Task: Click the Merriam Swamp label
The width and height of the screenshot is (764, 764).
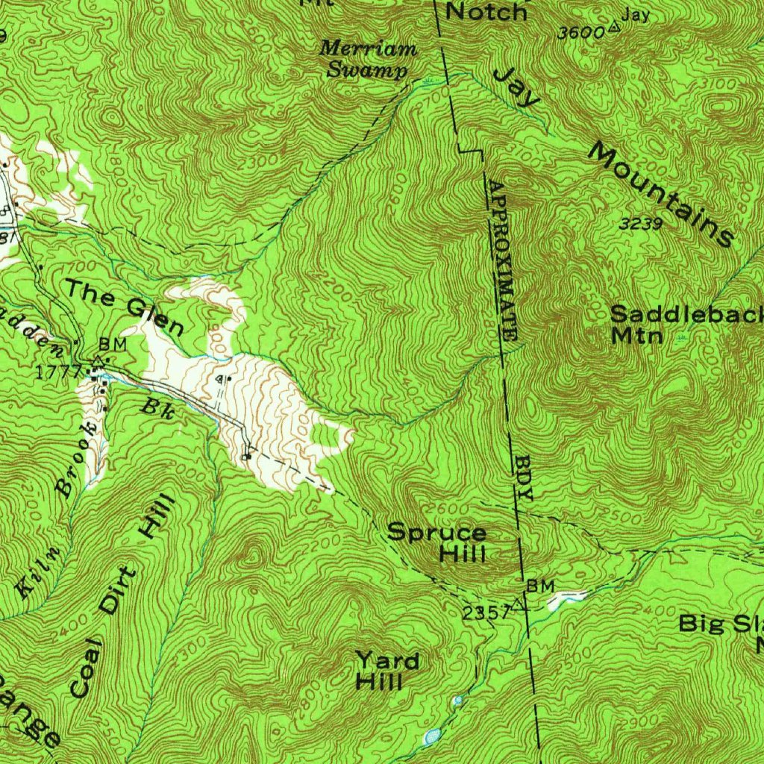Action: pos(368,60)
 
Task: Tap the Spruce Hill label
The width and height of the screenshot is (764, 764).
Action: pos(437,543)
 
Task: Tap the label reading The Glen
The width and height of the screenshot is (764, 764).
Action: pos(124,306)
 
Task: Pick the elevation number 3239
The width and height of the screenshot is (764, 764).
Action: pos(641,222)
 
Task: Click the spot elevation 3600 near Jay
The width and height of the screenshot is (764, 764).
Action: pos(580,33)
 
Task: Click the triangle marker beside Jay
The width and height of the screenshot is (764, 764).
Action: pos(613,28)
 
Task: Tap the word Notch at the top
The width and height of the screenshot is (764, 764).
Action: pos(486,11)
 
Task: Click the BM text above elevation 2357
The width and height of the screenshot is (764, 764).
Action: pos(539,586)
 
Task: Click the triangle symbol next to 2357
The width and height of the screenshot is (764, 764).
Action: pos(520,605)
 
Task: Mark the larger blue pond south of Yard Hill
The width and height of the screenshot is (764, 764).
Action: pos(431,738)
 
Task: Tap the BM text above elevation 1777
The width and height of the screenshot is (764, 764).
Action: pos(112,345)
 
